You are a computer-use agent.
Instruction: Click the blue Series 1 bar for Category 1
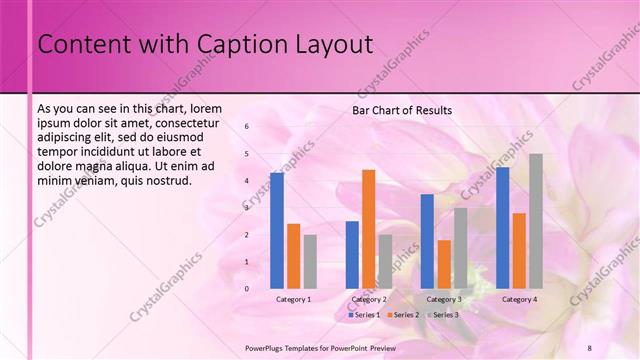tap(277, 231)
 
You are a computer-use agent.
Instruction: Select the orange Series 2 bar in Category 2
tap(368, 229)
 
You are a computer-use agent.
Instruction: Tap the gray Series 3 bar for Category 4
tap(535, 221)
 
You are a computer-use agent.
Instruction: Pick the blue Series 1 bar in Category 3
tap(427, 241)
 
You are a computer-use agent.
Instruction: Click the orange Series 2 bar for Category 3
tap(444, 264)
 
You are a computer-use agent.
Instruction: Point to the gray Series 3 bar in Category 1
tap(310, 262)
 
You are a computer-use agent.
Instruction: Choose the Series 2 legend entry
tap(402, 315)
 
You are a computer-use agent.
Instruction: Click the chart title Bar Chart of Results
tap(402, 110)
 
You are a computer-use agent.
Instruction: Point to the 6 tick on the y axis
tap(247, 127)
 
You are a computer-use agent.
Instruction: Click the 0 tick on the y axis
tap(247, 289)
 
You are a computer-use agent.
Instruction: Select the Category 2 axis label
tap(369, 300)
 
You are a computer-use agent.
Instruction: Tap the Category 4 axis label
tap(519, 300)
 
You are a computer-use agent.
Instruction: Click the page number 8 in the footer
tap(589, 347)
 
